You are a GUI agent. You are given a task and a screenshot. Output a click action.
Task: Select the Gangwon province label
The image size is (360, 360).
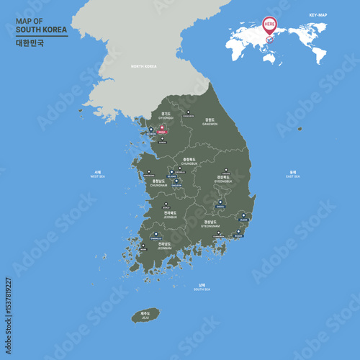pos(210,122)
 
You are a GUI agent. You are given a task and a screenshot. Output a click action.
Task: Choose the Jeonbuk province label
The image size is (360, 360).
pos(170,214)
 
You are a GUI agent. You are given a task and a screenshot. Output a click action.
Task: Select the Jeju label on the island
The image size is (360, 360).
pos(145,315)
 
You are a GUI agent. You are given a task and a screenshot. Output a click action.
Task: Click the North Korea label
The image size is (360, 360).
pos(143,66)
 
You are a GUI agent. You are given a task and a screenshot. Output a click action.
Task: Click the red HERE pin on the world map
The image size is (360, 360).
pos(270,25)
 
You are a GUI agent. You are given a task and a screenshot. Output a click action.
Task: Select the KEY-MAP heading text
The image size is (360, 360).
pos(318,14)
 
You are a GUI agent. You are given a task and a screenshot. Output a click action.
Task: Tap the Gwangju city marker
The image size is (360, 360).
pos(155,234)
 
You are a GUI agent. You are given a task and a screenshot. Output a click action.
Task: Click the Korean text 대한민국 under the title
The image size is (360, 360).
pos(30,42)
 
